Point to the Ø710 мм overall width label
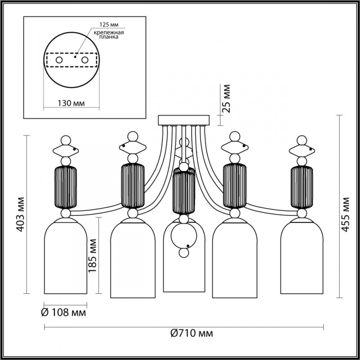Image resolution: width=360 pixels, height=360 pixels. (x=192, y=333)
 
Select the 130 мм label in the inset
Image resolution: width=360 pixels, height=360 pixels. (x=72, y=103)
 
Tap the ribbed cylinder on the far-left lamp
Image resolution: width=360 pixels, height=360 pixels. (x=66, y=187)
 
